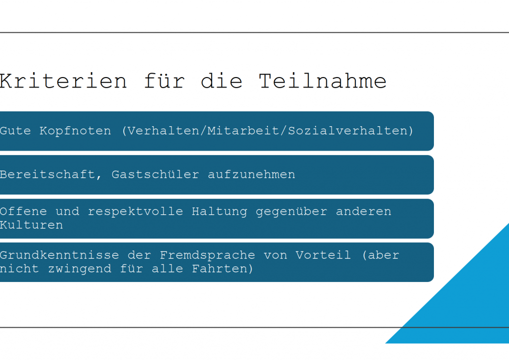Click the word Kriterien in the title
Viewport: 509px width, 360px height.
(63, 81)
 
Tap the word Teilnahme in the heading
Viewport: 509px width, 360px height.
(323, 81)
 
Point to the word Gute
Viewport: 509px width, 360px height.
(15, 131)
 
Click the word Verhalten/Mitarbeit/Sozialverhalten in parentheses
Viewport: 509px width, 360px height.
(267, 131)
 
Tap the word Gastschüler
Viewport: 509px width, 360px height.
(155, 175)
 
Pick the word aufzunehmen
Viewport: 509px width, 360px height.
(251, 175)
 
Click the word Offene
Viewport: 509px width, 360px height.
(23, 212)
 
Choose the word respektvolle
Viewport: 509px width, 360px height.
(135, 212)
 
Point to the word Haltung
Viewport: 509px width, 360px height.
(219, 212)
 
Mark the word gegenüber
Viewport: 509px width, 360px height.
(291, 212)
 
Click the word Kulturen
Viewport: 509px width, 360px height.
(31, 225)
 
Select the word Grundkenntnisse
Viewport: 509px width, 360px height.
(60, 255)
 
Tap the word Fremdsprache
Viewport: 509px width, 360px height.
(207, 256)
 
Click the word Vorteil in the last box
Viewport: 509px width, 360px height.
(323, 255)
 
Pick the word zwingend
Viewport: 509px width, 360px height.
(80, 269)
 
